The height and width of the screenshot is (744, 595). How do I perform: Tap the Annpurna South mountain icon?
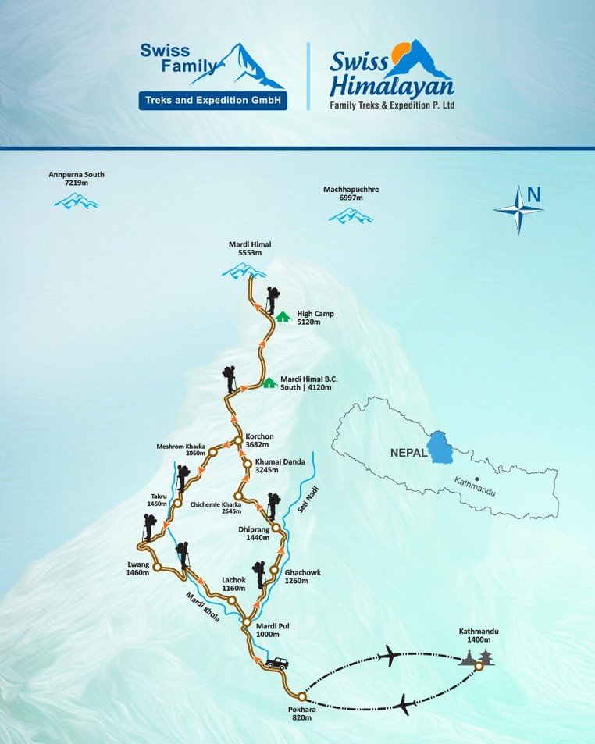76,201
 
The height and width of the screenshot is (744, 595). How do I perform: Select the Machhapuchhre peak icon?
350,215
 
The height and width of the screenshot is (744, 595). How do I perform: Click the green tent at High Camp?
283,316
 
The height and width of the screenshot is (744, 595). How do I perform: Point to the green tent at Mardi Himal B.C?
269,383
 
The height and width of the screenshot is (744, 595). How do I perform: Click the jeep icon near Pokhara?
276,664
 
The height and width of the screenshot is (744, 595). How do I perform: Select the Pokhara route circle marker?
301,696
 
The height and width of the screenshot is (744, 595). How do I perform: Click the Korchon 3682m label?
258,440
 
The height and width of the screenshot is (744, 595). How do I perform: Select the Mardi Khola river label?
202,607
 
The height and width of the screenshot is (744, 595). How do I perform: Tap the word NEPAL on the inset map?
408,452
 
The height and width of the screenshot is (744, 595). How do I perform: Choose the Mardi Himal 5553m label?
244,249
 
